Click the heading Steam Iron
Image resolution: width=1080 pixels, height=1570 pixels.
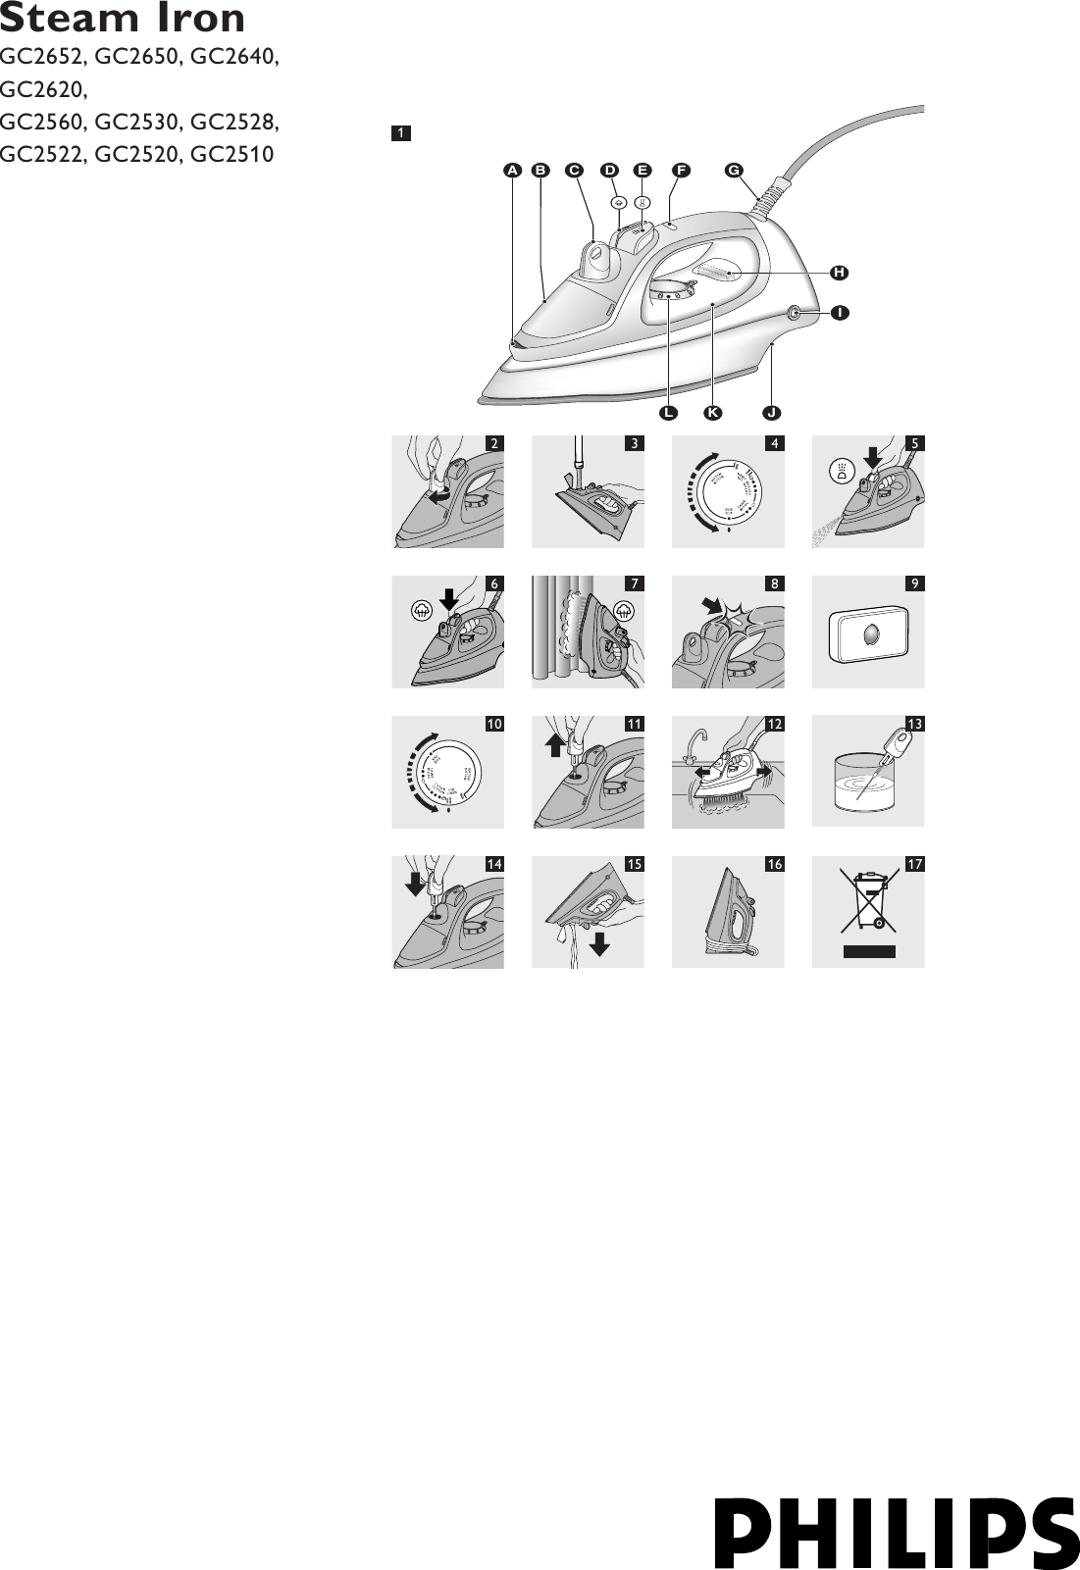coord(123,19)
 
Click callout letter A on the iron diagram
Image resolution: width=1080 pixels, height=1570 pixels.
coord(512,170)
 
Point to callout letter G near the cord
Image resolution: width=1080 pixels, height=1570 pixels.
coord(733,170)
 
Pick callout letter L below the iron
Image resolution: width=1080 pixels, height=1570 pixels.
coord(668,413)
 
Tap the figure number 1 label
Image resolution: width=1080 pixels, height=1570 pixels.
coord(400,132)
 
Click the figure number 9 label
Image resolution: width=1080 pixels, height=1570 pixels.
coord(914,583)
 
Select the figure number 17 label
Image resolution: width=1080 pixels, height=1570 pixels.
coord(914,864)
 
